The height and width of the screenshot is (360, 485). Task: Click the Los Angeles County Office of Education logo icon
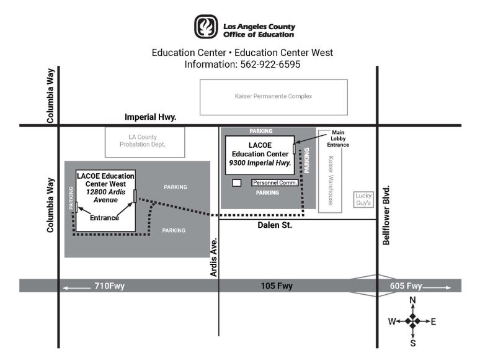206,27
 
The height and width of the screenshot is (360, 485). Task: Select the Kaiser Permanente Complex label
273,97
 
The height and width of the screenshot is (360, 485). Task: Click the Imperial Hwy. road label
151,117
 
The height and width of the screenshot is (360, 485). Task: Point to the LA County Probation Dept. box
143,141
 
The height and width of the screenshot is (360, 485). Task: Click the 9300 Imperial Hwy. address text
260,163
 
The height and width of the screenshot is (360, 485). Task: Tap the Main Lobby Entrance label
338,138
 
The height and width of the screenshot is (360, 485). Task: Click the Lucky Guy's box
363,199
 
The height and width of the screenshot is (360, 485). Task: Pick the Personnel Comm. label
274,183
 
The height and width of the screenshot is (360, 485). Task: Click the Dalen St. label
275,225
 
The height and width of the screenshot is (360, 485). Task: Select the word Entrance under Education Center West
104,218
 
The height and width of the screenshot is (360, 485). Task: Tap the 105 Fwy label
277,286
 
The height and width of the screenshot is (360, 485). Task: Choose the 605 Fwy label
406,286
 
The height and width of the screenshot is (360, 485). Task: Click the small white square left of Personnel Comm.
236,183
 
